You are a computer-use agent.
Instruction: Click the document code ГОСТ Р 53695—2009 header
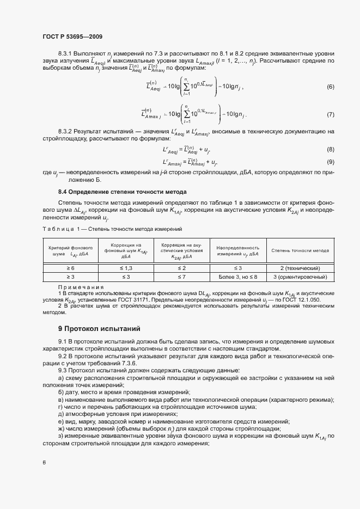click(72, 36)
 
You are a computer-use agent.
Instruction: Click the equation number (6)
click(330, 87)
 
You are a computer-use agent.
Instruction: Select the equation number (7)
click(330, 115)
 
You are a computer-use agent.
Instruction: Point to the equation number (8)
click(330, 149)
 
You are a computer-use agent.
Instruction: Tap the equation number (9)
click(330, 162)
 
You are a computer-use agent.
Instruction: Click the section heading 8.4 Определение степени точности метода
click(123, 192)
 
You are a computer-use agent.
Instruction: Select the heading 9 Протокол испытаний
click(99, 329)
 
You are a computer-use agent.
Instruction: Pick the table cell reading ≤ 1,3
click(126, 268)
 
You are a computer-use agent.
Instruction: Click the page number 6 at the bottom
click(44, 463)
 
